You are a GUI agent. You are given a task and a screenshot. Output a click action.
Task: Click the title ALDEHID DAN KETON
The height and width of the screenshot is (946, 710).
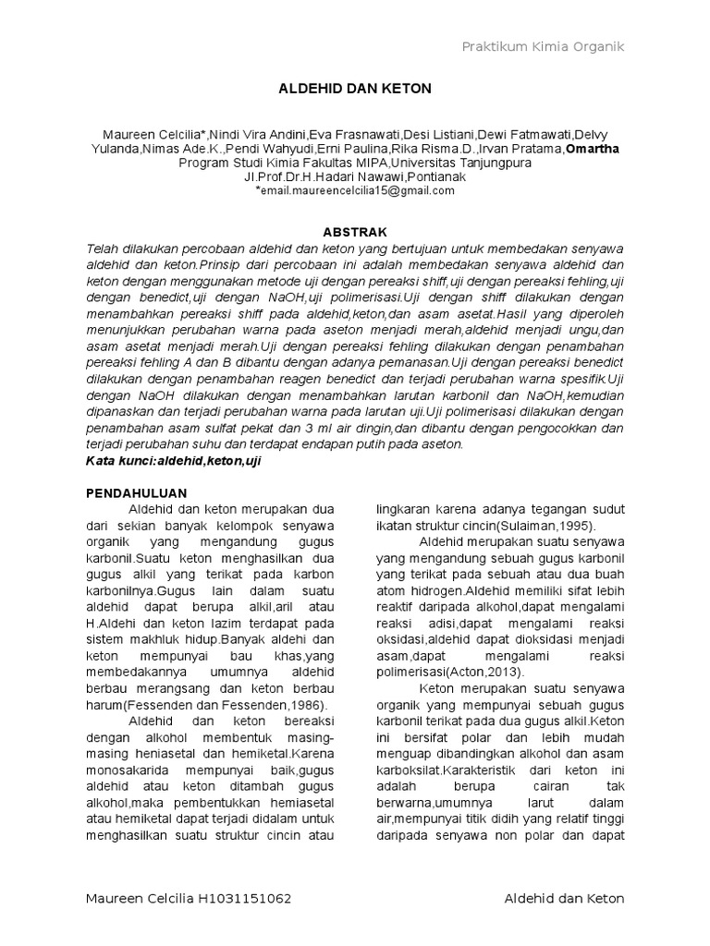click(x=355, y=89)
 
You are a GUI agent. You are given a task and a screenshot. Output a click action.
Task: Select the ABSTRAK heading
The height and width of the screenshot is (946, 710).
click(x=355, y=232)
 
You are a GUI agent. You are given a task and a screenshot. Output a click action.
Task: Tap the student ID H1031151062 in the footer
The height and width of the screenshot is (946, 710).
click(x=250, y=899)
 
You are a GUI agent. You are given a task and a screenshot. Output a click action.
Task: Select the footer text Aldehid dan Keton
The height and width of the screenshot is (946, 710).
click(x=565, y=899)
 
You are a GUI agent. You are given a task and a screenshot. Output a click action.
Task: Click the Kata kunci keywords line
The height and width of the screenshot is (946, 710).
click(x=174, y=460)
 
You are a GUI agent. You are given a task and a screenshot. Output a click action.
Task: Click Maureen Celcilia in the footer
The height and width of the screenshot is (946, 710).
click(x=138, y=899)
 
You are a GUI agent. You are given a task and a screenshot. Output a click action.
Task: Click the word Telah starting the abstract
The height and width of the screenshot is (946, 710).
click(x=102, y=249)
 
